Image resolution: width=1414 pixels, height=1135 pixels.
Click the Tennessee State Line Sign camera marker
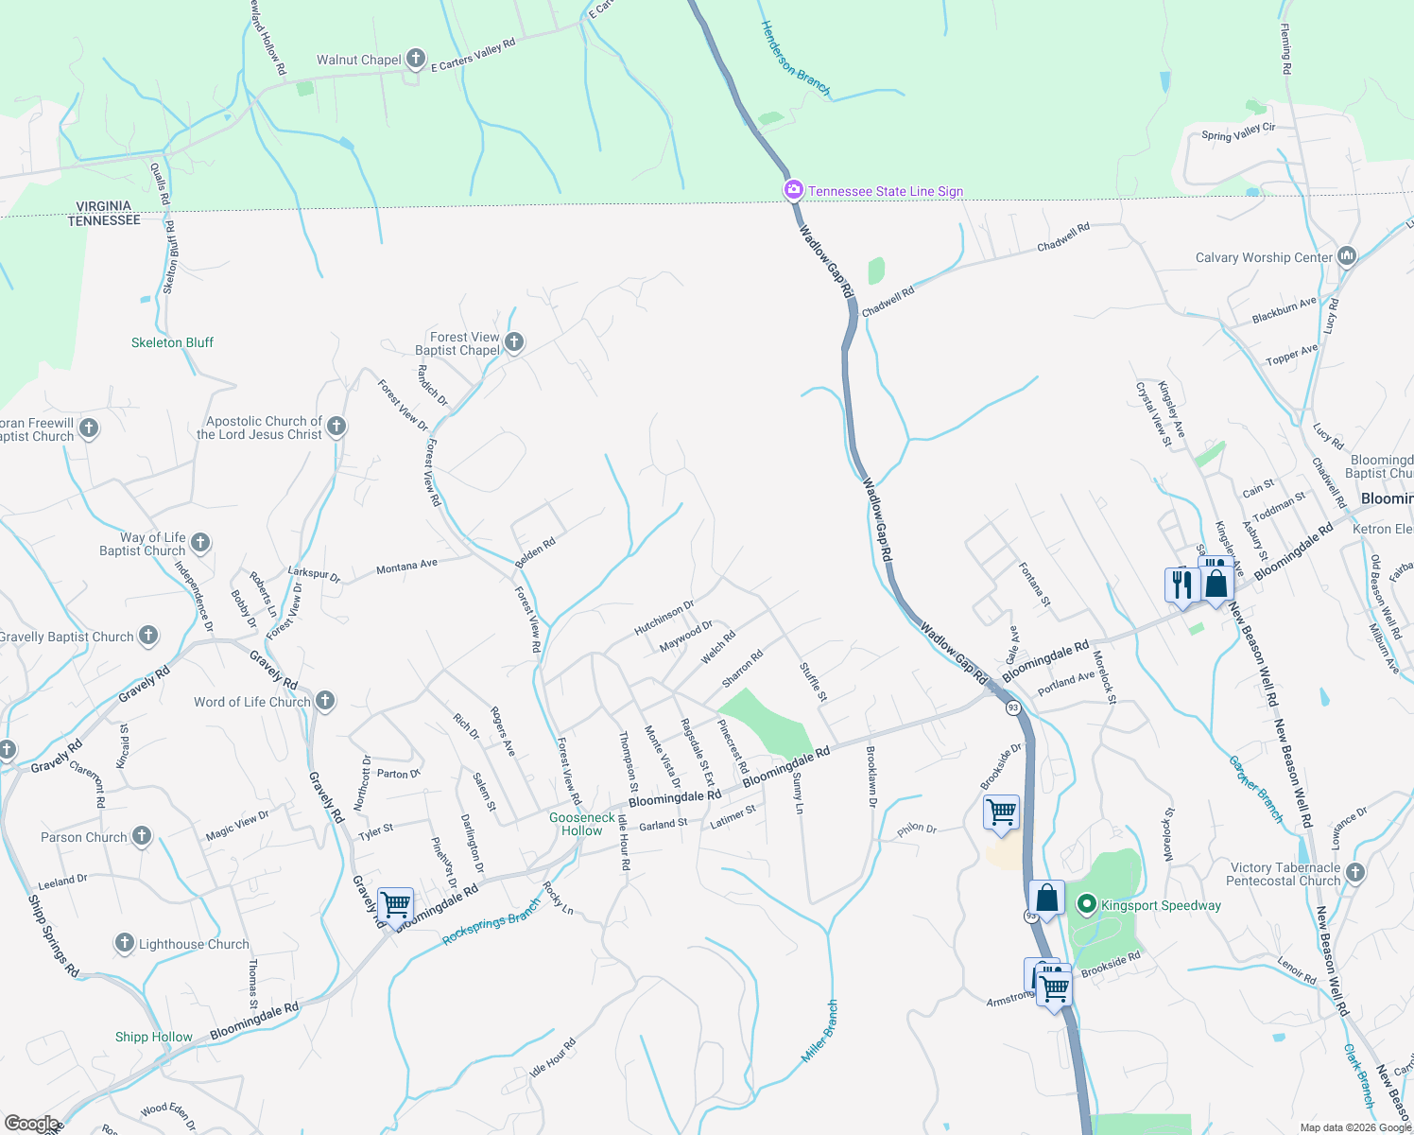click(x=794, y=190)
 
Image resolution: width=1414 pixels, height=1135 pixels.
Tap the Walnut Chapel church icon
click(x=415, y=60)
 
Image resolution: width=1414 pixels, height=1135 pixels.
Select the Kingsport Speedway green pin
click(x=1087, y=905)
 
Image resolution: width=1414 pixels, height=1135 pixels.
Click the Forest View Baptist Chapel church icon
click(x=514, y=342)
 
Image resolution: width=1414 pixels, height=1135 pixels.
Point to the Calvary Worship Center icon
click(x=1347, y=256)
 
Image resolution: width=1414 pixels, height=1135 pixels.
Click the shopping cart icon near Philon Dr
click(x=1001, y=812)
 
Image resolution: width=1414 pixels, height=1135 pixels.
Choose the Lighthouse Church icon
click(x=124, y=943)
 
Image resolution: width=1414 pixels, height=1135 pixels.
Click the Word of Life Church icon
click(x=324, y=701)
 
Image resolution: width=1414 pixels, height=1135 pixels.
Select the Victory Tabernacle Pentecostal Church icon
click(x=1355, y=872)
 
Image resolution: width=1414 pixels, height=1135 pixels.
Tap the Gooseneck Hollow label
click(x=582, y=824)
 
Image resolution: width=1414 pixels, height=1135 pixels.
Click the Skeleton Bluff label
click(x=172, y=342)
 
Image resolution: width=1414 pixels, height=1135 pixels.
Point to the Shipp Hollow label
click(x=153, y=1037)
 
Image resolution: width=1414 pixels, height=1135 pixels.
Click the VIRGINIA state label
click(x=104, y=205)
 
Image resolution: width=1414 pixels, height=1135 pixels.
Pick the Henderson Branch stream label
click(x=795, y=59)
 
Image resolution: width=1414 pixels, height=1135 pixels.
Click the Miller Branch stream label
click(x=819, y=1031)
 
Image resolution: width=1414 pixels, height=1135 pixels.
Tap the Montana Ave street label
click(x=406, y=567)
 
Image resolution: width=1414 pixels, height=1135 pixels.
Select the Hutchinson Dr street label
click(x=664, y=617)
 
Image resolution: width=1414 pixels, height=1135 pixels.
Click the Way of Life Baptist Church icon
click(x=200, y=543)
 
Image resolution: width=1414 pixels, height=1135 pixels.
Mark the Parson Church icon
click(x=142, y=836)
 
